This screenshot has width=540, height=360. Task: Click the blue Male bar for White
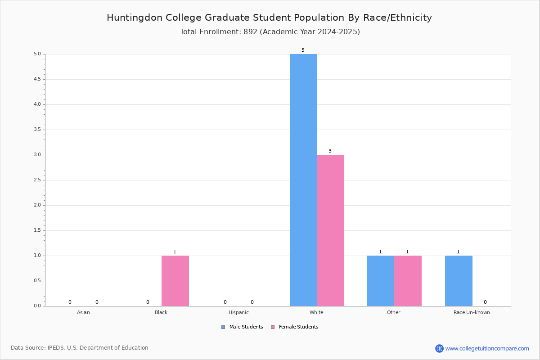tap(303, 180)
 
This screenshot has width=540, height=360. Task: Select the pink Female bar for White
tap(330, 230)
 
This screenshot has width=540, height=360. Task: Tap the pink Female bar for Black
tap(175, 281)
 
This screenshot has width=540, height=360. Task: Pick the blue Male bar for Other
tap(381, 281)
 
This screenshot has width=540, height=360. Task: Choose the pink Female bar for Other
tap(408, 281)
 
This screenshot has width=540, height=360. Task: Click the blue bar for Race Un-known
tap(459, 281)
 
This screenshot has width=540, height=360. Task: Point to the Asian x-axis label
tap(83, 312)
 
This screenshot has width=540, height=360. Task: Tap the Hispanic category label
tap(238, 312)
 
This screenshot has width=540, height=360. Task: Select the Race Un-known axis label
tap(472, 312)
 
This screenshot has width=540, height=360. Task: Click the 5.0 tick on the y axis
tap(37, 54)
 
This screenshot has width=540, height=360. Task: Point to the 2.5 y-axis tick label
tap(37, 180)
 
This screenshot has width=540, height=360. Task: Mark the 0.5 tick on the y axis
tap(37, 281)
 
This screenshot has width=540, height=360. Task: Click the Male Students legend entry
tap(242, 327)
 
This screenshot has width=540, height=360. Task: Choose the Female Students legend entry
tap(295, 327)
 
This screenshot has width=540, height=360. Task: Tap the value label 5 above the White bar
tap(303, 50)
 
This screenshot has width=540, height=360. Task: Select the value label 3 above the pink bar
tap(330, 151)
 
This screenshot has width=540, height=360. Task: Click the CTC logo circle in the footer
tap(439, 348)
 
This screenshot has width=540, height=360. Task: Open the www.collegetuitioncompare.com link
tap(487, 348)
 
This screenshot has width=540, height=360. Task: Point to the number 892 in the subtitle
tap(251, 32)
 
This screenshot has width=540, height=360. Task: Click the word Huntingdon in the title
tap(135, 18)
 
